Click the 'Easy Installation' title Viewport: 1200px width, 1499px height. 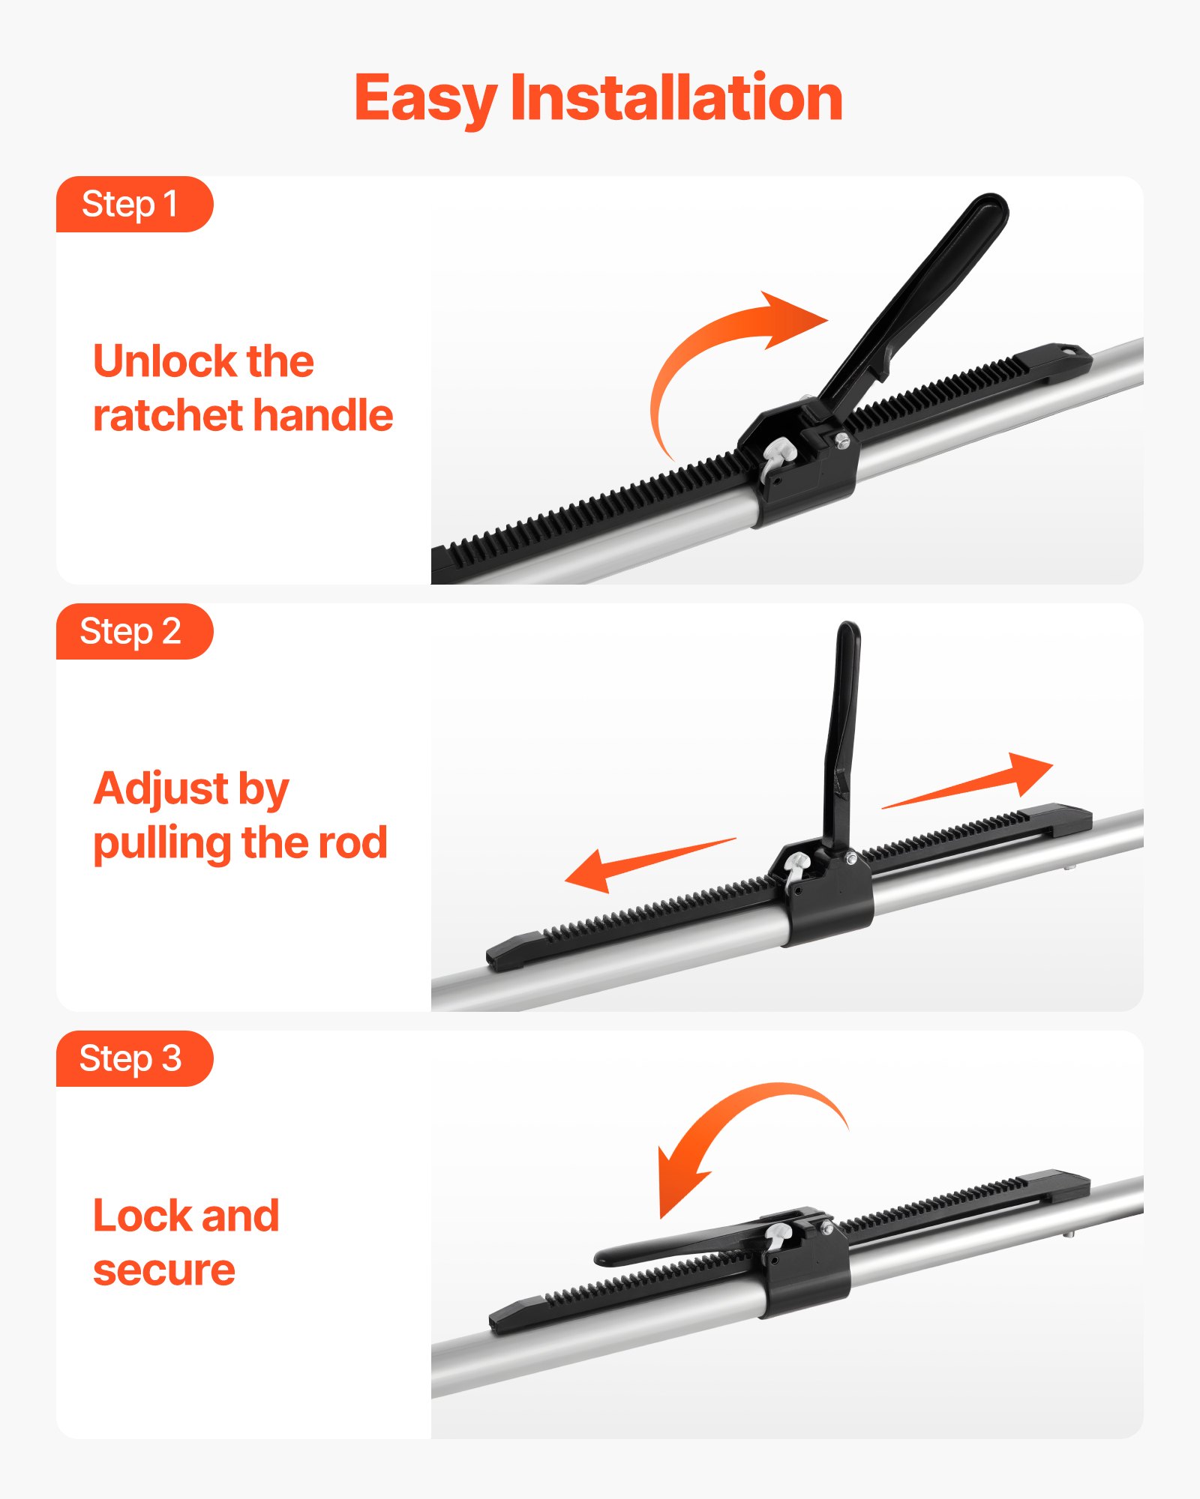(598, 98)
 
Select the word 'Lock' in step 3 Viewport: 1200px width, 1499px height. (142, 1216)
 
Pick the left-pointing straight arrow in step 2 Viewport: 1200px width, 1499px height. (637, 866)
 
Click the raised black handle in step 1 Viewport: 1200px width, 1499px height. (930, 292)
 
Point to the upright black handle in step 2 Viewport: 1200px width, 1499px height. (843, 735)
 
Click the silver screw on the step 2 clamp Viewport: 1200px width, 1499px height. (851, 859)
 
